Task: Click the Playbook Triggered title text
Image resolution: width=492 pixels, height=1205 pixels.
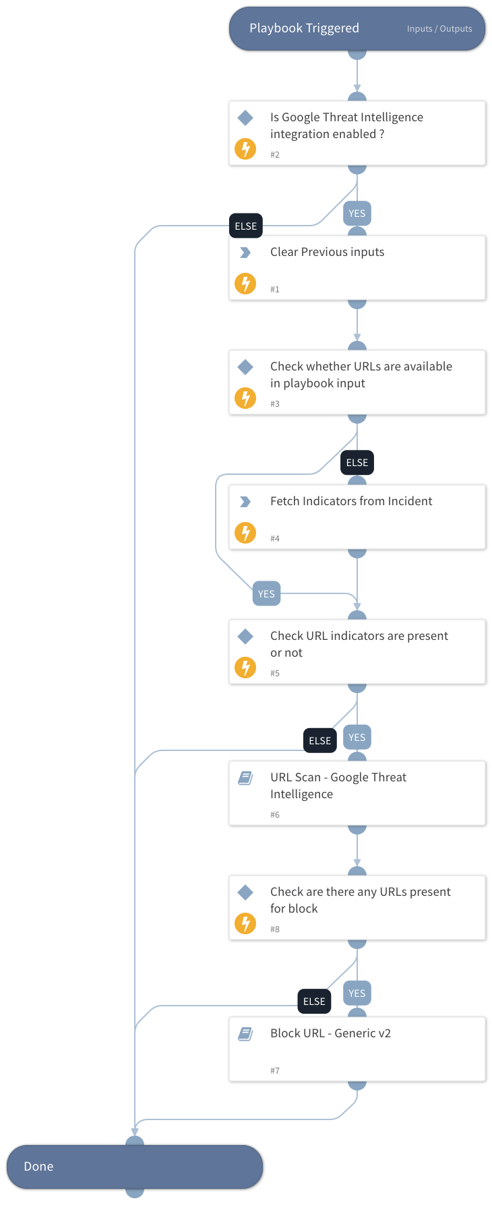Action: point(304,28)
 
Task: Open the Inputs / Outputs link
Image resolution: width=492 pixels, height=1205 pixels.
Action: point(439,29)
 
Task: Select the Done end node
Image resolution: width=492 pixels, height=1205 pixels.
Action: point(134,1166)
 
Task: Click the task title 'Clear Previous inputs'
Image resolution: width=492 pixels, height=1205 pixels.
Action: point(327,252)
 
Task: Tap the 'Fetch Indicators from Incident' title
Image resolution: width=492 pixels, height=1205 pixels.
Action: point(351,501)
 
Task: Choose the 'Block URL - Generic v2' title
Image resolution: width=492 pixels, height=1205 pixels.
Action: point(330,1033)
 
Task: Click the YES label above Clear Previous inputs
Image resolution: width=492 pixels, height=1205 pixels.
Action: point(357,214)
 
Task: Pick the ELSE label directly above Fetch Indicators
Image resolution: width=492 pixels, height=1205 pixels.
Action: point(357,463)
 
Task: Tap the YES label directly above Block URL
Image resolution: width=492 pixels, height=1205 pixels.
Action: point(357,994)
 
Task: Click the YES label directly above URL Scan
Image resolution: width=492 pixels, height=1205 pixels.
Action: point(357,738)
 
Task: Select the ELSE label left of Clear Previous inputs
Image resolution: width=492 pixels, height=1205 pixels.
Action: point(246,226)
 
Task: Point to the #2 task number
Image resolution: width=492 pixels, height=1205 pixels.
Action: point(275,155)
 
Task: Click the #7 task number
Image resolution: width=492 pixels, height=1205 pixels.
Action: point(275,1071)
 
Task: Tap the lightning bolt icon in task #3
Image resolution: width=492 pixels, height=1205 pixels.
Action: point(245,398)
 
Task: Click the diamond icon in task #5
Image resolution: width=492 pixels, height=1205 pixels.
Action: point(245,636)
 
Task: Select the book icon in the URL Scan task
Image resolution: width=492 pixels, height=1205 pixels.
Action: point(245,778)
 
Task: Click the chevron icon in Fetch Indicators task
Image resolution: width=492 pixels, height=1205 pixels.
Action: point(245,502)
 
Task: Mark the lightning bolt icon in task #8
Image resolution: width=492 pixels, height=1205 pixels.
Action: point(245,923)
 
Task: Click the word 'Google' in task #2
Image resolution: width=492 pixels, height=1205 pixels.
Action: point(303,117)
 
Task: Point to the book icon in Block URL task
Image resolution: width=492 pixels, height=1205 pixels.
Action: point(245,1034)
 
